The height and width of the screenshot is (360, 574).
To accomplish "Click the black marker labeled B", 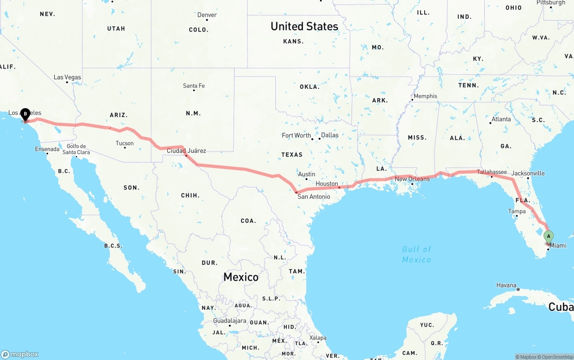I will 25,114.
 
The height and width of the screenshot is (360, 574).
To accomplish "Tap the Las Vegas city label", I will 67,77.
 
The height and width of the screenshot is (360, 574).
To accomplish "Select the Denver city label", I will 207,15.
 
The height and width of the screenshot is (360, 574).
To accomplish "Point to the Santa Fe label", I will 194,86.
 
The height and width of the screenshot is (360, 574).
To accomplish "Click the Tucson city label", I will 124,143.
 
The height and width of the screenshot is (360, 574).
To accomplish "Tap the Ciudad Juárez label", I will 186,151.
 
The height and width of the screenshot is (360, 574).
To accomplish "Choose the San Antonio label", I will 313,196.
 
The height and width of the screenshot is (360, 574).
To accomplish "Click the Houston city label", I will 326,184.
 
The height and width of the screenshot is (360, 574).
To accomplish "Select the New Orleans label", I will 412,179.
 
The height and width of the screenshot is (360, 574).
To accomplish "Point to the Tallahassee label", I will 491,172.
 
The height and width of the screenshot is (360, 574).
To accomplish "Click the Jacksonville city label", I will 528,173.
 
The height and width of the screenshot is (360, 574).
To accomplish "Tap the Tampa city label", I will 517,211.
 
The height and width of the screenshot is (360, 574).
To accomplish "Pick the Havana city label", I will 506,285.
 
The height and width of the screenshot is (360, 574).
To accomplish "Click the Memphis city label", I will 425,96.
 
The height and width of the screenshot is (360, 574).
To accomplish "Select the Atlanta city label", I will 500,119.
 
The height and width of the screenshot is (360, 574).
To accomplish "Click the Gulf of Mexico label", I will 417,254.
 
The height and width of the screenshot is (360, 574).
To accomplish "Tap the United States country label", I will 304,26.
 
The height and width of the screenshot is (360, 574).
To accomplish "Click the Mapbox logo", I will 20,354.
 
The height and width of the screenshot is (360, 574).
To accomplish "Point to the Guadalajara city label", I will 230,321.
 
